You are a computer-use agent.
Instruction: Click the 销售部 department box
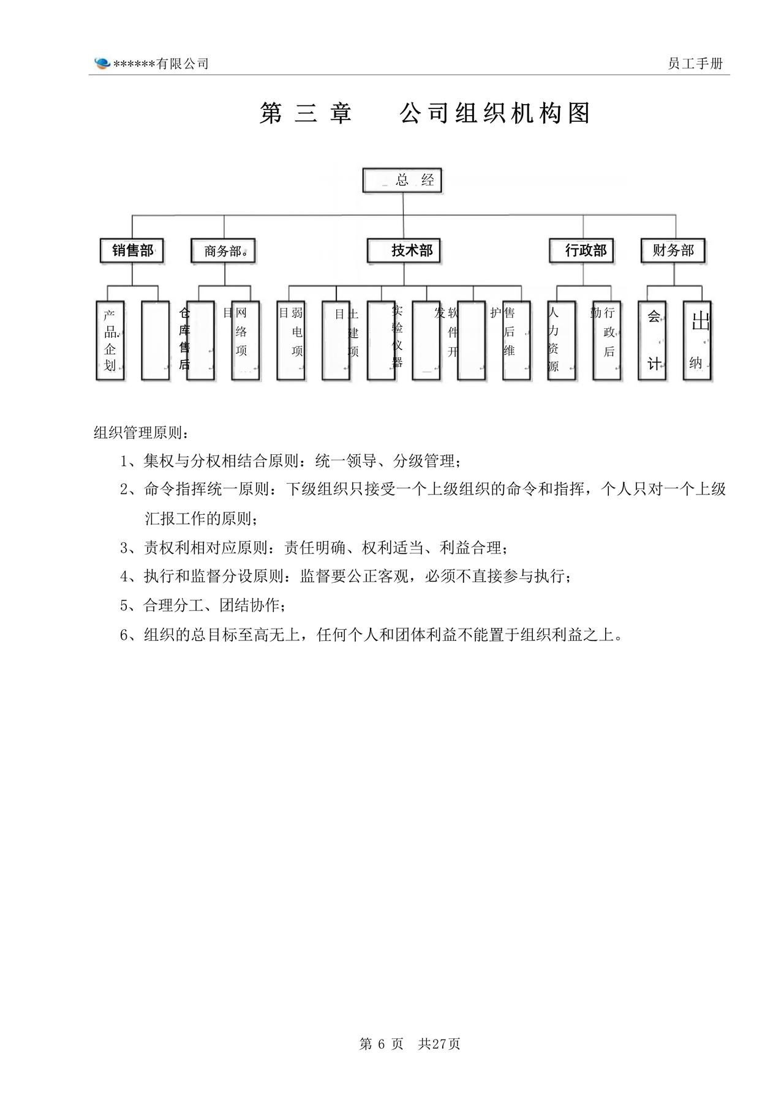point(132,250)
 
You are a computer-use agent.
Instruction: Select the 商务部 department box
point(223,250)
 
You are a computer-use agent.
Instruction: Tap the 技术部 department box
point(404,250)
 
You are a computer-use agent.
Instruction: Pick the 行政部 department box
point(582,250)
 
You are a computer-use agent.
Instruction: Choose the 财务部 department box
point(673,250)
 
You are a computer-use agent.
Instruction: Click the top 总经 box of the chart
point(402,180)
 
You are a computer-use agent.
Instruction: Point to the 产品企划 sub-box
point(110,340)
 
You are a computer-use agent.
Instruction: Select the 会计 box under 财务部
point(652,340)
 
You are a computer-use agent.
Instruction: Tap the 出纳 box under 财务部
point(697,340)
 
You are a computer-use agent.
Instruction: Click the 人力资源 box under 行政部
point(561,340)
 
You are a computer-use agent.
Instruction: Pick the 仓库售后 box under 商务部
point(200,340)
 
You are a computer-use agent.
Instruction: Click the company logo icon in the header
point(102,63)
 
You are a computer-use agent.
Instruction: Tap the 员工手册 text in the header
point(695,64)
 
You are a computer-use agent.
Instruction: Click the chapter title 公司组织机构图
point(495,114)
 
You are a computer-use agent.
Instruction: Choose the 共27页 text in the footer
point(439,1044)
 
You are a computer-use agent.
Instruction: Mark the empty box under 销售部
point(155,340)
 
